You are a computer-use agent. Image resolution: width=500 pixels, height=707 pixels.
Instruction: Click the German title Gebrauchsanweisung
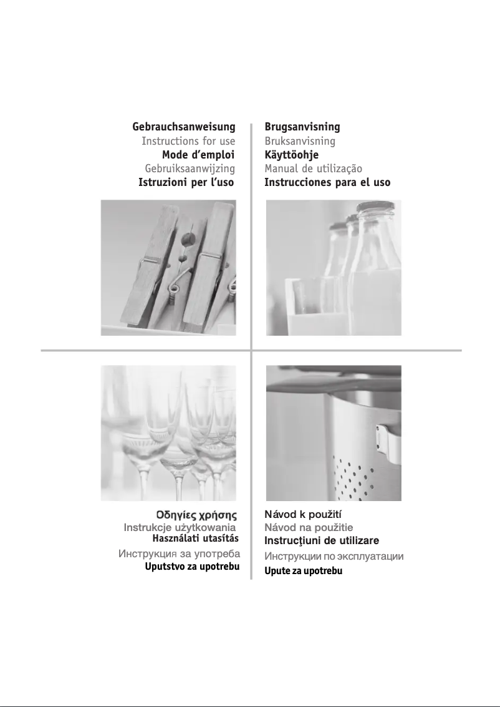tap(184, 127)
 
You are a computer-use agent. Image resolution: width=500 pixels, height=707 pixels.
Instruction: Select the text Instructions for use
tap(188, 141)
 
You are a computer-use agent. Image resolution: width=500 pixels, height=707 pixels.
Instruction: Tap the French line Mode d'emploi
tap(198, 155)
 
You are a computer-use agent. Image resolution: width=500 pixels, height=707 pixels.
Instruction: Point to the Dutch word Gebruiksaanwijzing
tap(190, 168)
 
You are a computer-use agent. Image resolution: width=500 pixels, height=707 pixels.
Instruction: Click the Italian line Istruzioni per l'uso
tap(186, 182)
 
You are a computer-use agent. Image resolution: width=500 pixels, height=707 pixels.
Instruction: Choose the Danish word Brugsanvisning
tap(302, 127)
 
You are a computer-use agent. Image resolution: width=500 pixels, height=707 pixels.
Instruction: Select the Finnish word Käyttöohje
tap(291, 155)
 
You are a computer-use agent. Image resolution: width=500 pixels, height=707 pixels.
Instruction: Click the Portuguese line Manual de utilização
tap(313, 168)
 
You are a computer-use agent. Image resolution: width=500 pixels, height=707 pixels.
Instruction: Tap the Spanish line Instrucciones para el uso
tap(327, 182)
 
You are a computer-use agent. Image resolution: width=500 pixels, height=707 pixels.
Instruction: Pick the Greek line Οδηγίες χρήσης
tap(196, 515)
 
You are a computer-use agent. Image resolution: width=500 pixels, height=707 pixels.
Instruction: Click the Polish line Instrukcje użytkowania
tap(180, 528)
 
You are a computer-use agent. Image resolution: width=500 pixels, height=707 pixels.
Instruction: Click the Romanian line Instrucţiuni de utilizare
tap(322, 540)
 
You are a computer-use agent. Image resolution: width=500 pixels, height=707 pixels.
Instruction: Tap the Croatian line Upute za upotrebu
tap(304, 572)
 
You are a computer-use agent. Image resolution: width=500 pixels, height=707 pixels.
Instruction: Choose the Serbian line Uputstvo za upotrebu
tap(192, 567)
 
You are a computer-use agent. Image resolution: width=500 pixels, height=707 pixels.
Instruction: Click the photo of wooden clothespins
tap(168, 267)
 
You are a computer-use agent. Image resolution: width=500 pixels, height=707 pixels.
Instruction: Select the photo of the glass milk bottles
tap(334, 267)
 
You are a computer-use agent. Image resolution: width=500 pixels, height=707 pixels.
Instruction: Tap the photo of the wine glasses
tap(168, 432)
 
